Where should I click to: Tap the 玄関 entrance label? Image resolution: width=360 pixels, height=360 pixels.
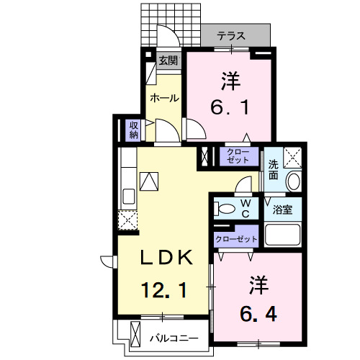[167, 60]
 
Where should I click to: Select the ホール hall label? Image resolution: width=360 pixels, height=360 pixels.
[163, 98]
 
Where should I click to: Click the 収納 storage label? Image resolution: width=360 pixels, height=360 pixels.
[134, 130]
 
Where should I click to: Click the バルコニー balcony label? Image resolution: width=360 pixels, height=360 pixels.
[173, 336]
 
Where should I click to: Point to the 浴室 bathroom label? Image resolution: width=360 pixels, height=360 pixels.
[282, 210]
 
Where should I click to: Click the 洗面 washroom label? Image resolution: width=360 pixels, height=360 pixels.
[274, 168]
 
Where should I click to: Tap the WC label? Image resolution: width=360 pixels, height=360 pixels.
[245, 209]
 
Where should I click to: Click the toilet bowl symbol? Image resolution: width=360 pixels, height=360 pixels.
[225, 210]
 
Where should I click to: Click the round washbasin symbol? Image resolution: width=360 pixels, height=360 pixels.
[294, 182]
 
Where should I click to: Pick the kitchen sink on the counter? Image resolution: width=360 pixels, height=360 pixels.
[129, 196]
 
